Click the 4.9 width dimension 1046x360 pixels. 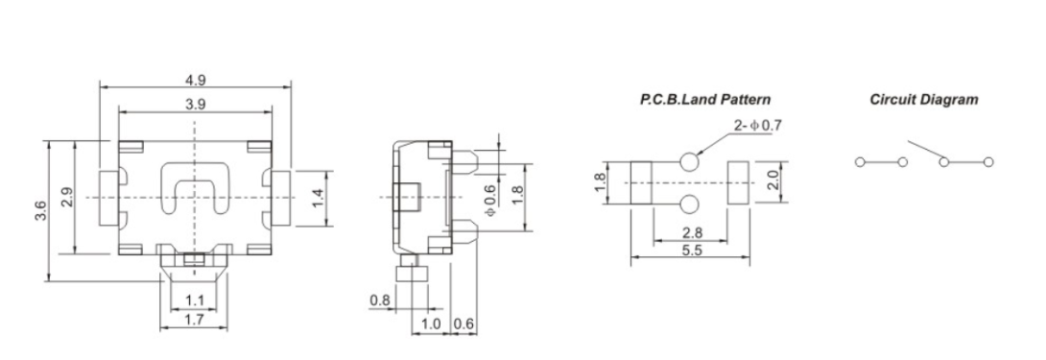[195, 81]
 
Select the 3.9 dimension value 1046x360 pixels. [195, 104]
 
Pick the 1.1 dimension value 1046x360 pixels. [194, 301]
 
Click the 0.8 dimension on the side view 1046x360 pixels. [380, 301]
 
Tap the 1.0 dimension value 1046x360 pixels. [431, 324]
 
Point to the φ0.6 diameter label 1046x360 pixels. [489, 197]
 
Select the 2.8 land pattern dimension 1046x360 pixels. [690, 232]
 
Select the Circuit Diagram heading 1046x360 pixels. [923, 99]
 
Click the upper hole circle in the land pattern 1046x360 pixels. [690, 162]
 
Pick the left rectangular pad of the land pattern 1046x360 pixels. [641, 181]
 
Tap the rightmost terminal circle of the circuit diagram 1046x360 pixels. [987, 161]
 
